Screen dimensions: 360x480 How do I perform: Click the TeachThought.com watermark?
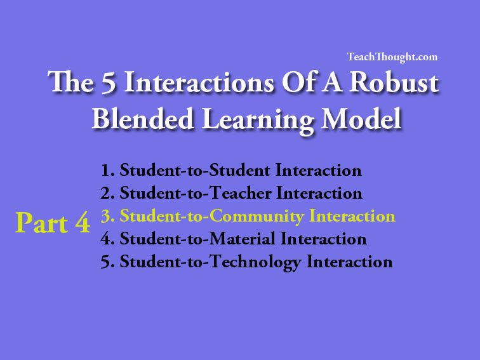pyautogui.click(x=392, y=57)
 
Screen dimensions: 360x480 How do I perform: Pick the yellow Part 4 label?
pyautogui.click(x=53, y=223)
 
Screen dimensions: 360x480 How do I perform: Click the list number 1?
pyautogui.click(x=107, y=170)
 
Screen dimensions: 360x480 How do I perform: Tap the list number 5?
pyautogui.click(x=107, y=262)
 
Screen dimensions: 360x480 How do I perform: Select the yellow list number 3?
pyautogui.click(x=107, y=216)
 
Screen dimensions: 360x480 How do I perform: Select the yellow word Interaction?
pyautogui.click(x=352, y=216)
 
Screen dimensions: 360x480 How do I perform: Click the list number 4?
pyautogui.click(x=107, y=239)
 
